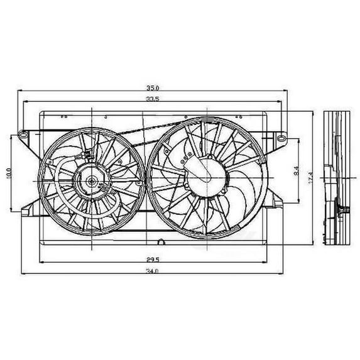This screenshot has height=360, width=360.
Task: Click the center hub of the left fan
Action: click(x=90, y=182)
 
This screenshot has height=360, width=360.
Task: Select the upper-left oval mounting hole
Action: click(x=23, y=134)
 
